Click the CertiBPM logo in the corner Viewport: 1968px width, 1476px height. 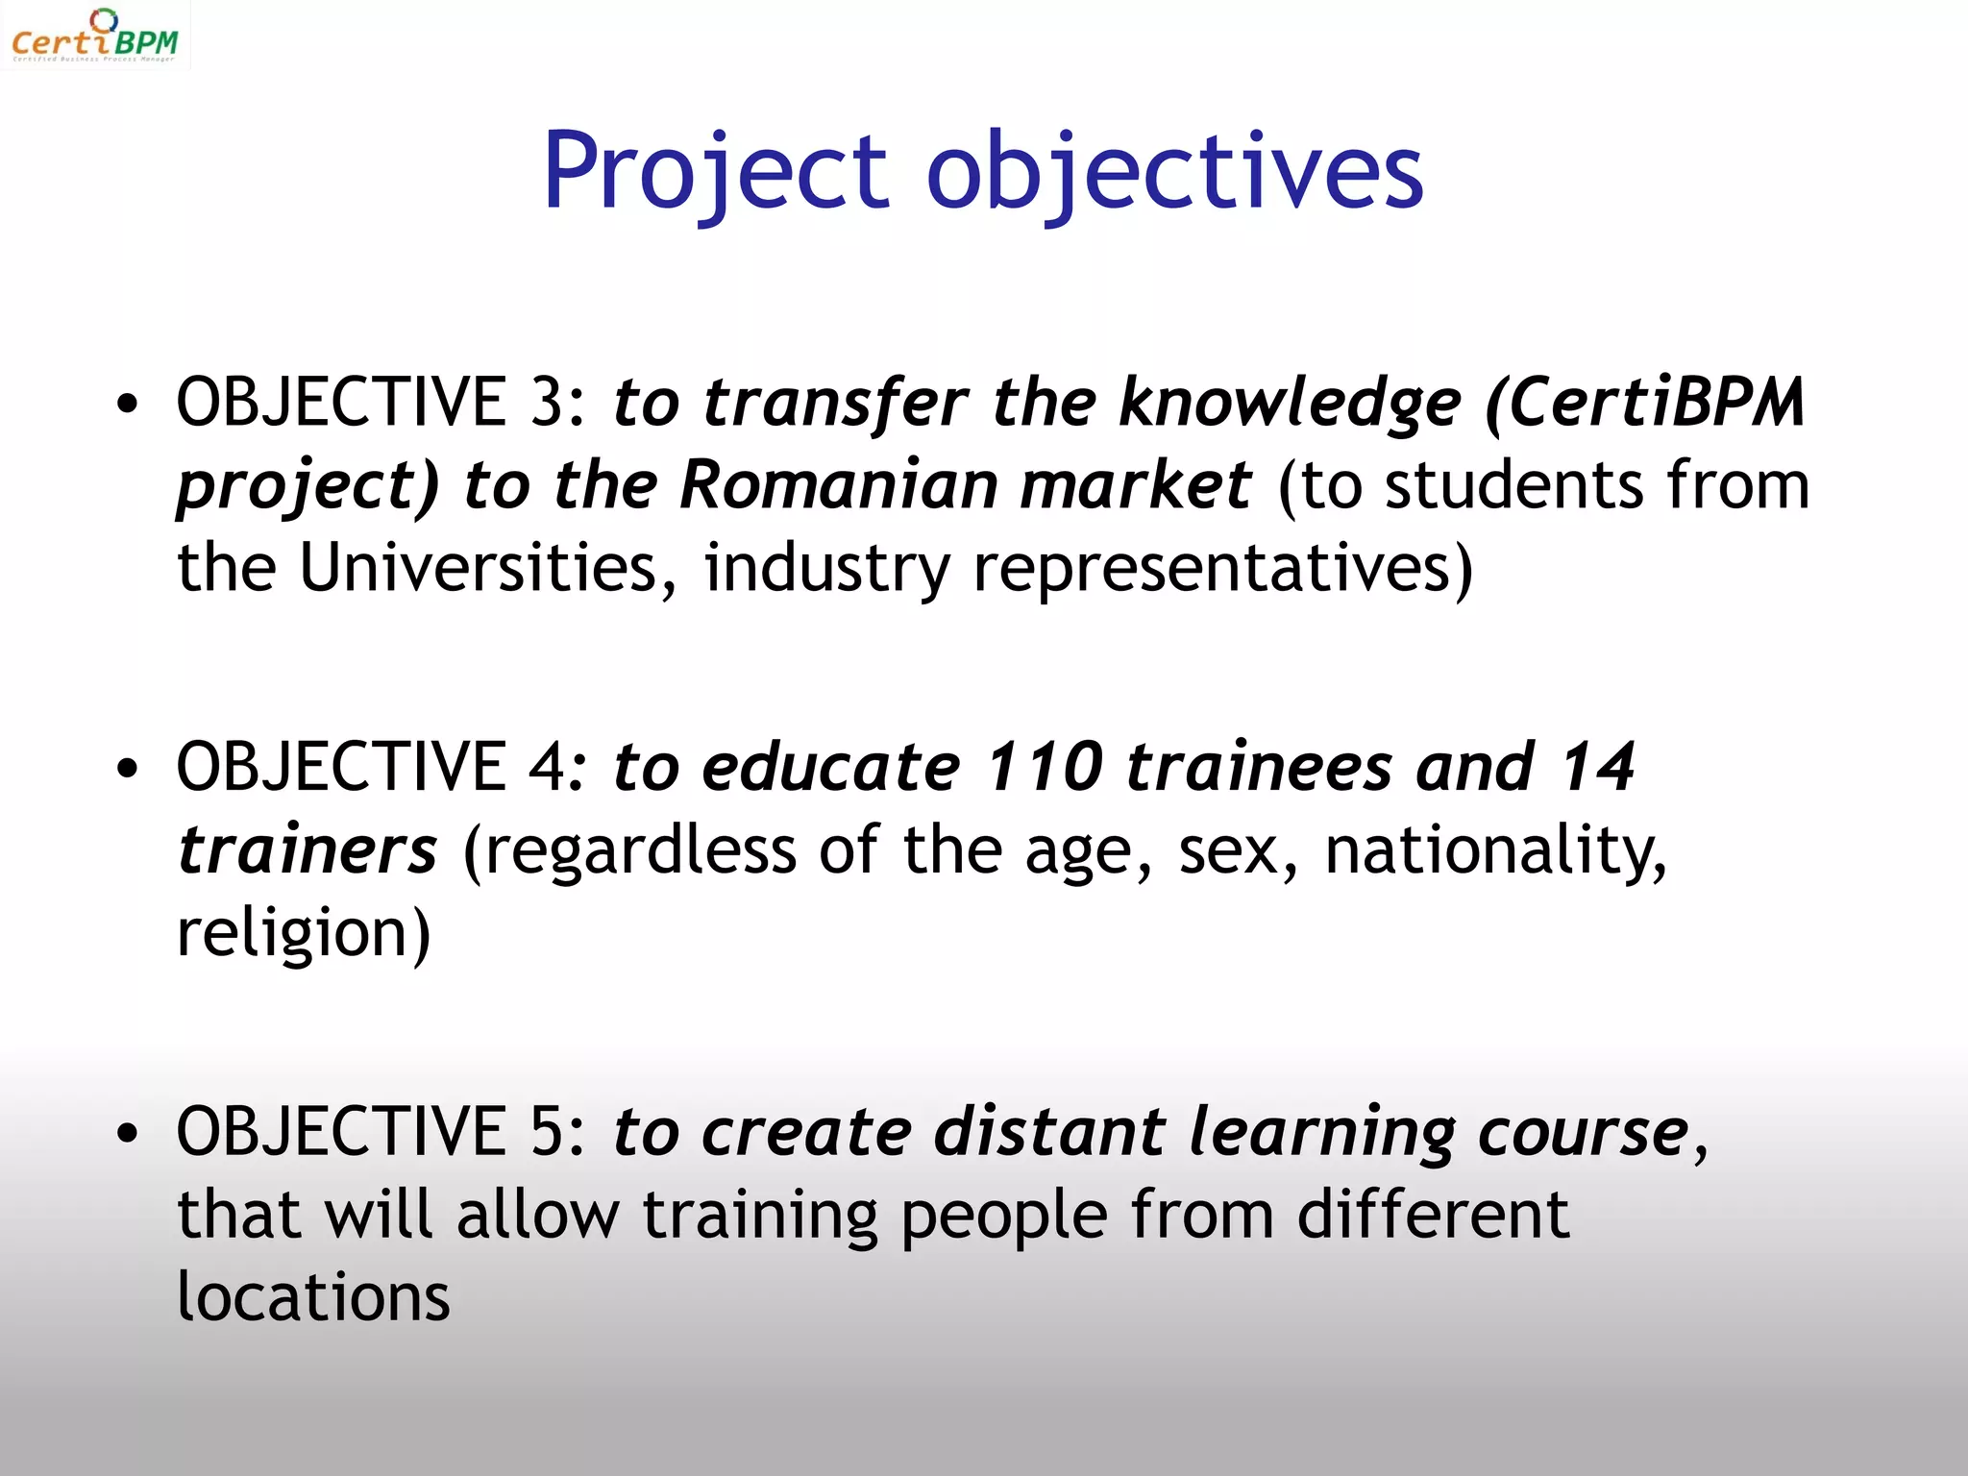tap(94, 37)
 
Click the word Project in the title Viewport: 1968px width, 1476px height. tap(716, 173)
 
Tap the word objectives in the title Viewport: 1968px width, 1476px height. tap(1174, 173)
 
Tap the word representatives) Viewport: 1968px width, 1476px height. tap(1222, 569)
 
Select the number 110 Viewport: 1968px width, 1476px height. tap(1045, 767)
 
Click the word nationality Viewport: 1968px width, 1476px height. tap(1495, 850)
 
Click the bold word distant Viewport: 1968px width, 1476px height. tap(1049, 1131)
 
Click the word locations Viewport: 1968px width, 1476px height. tap(313, 1297)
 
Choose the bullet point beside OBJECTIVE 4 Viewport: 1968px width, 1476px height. tap(127, 769)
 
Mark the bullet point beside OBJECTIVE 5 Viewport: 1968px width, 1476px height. tap(127, 1134)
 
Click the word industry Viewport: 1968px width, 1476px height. tap(826, 569)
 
